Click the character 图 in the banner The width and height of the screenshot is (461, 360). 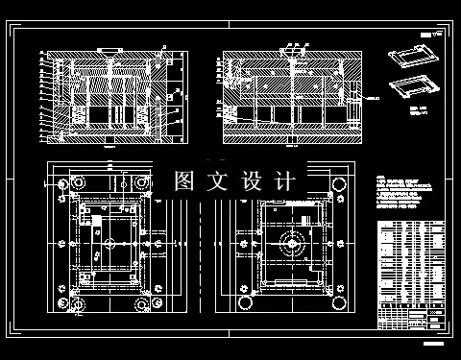186,180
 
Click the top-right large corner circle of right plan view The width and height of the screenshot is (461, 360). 339,182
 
